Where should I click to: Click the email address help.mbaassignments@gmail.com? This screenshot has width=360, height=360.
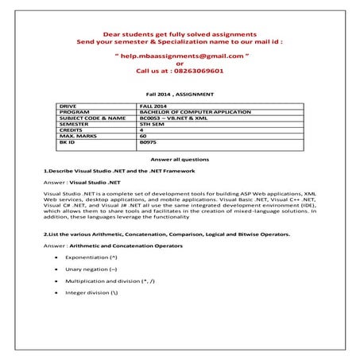(180, 57)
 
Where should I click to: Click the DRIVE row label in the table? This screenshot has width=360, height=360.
(68, 104)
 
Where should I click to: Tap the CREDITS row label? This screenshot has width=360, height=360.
(72, 130)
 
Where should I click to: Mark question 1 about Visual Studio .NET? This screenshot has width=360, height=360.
(116, 171)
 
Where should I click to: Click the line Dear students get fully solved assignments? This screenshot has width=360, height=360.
(180, 36)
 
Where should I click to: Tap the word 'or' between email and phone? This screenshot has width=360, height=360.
(179, 64)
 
